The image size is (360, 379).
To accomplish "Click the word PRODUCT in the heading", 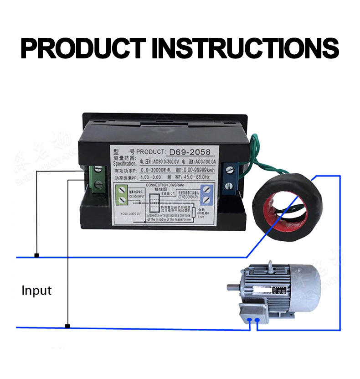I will [x=83, y=47].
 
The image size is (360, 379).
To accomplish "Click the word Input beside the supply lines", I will [x=37, y=291].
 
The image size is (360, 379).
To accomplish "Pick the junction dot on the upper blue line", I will [x=36, y=255].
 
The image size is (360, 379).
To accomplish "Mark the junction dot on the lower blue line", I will [x=67, y=326].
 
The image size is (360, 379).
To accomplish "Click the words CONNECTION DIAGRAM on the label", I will [x=166, y=185].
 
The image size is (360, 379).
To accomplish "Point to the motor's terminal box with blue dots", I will [x=253, y=314].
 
